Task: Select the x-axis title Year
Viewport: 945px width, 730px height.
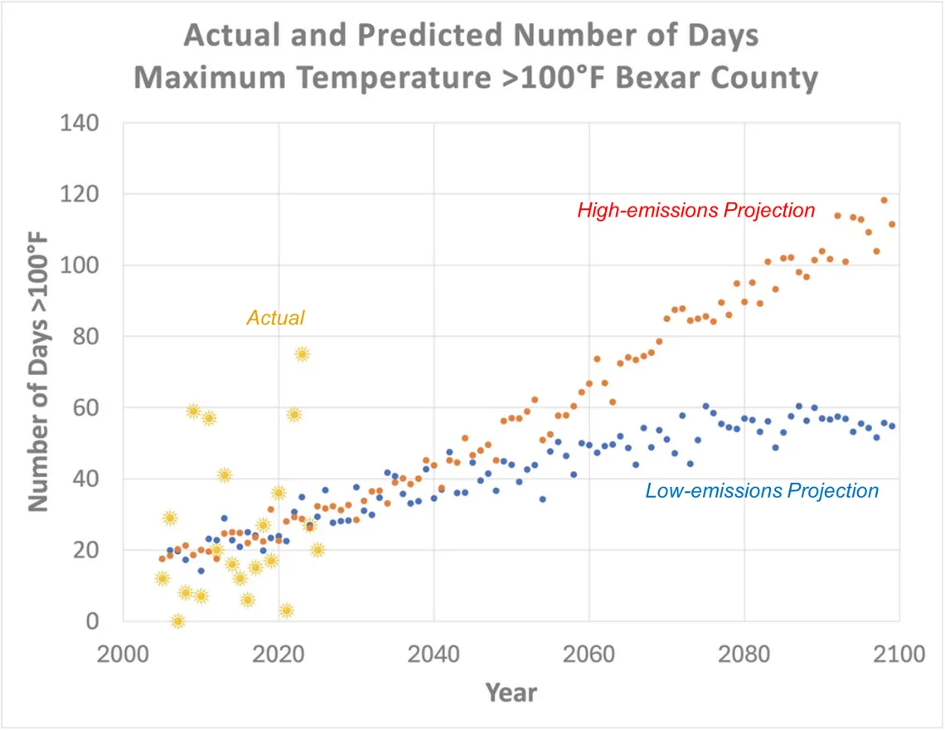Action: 511,692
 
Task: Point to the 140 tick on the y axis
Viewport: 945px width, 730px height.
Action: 80,123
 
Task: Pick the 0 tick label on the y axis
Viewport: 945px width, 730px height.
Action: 93,620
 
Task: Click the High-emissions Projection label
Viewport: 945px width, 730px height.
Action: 696,211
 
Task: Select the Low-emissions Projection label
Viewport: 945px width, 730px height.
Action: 762,491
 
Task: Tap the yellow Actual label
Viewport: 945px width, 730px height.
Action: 275,318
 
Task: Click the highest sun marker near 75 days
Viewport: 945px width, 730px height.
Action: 302,354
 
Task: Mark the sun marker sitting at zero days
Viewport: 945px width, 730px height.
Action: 177,620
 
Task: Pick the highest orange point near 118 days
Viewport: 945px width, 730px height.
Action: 884,200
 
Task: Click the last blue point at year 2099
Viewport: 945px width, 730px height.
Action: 892,426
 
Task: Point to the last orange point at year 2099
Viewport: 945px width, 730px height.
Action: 892,224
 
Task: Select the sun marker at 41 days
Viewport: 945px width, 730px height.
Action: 224,475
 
